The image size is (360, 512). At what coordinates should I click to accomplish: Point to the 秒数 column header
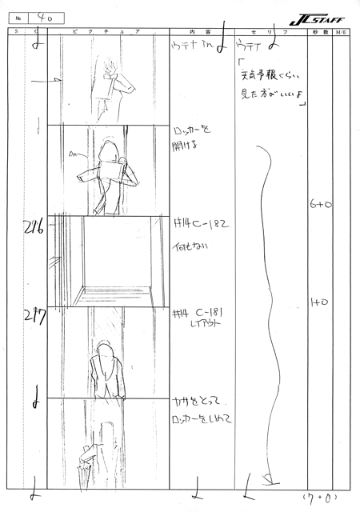319,31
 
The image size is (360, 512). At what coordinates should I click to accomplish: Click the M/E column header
341,31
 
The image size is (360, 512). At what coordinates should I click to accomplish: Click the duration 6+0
320,206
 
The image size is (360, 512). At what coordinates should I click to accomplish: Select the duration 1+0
319,302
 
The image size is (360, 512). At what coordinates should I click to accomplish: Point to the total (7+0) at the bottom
323,502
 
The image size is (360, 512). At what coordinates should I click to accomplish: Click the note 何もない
190,249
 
